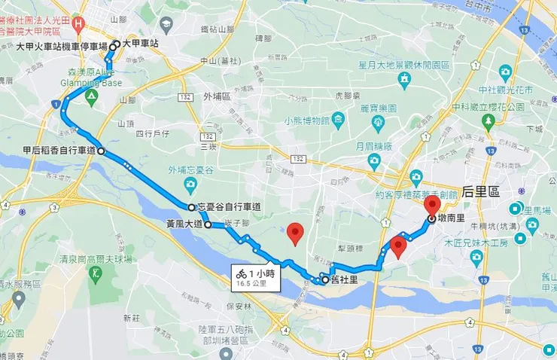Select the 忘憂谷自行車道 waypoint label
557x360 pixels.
click(x=229, y=207)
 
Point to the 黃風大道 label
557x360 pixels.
click(x=185, y=224)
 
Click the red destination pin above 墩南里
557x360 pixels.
click(x=432, y=205)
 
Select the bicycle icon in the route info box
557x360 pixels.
click(x=242, y=274)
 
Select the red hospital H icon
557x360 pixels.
click(x=79, y=23)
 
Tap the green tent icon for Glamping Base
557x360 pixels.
click(x=91, y=98)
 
